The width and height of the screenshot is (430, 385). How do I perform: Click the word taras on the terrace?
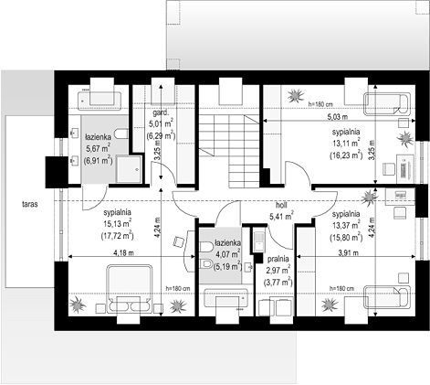(30, 204)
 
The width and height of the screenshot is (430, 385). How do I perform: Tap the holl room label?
(281, 205)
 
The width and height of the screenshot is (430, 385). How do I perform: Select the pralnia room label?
(278, 259)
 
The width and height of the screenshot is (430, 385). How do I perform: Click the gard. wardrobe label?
(161, 113)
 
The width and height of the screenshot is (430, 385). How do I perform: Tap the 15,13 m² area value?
(117, 224)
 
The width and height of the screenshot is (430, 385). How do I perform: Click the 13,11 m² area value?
(346, 144)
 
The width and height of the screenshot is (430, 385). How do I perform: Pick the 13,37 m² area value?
(346, 226)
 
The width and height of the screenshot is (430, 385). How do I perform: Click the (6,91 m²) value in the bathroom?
(98, 160)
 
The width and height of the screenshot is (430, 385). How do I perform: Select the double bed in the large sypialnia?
(129, 288)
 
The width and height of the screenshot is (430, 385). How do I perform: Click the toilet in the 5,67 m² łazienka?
(121, 134)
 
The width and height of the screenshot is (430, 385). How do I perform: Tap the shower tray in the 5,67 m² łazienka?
(129, 169)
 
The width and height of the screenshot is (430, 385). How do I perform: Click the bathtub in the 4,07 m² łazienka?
(225, 298)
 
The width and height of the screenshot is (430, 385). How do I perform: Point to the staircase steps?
(230, 151)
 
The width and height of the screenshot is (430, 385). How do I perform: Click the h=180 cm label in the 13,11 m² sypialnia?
(320, 104)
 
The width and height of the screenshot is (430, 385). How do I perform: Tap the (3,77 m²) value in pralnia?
(278, 282)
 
